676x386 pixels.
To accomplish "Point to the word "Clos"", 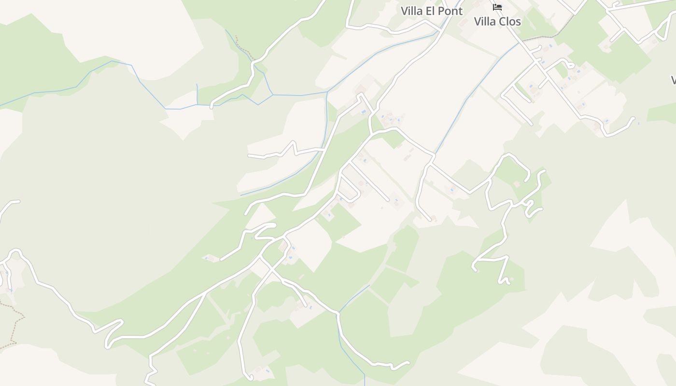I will click(x=510, y=22).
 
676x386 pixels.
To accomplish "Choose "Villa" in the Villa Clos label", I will click(x=485, y=22).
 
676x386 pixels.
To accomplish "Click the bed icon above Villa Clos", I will click(x=497, y=7).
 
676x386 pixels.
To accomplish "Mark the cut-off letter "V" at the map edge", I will click(x=673, y=80).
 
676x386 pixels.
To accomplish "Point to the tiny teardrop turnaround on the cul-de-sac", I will click(x=570, y=64).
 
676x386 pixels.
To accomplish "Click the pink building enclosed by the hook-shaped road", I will click(x=517, y=184).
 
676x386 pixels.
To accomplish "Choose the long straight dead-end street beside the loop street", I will click(x=369, y=181).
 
